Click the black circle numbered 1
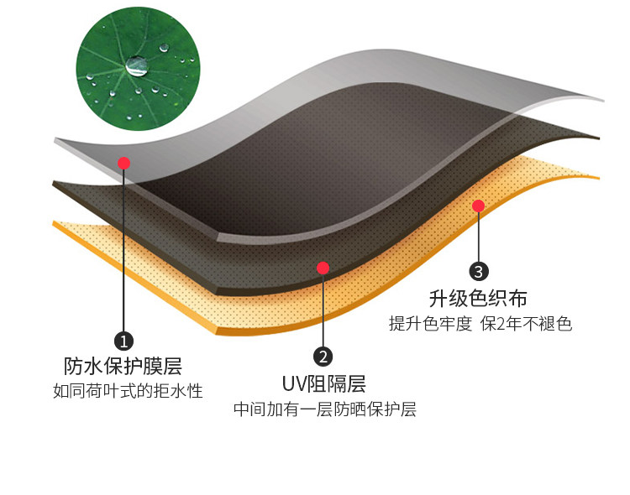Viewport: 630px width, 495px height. (x=123, y=341)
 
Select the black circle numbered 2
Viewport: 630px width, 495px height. (x=323, y=357)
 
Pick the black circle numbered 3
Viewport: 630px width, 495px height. (x=478, y=271)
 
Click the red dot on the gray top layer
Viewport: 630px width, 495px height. (x=123, y=163)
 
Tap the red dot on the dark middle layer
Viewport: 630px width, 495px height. (x=323, y=268)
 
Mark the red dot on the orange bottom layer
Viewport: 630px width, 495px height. (x=478, y=206)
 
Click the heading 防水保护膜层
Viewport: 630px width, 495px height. (x=123, y=367)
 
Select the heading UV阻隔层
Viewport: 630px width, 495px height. (x=323, y=384)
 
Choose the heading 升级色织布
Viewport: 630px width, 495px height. (x=478, y=298)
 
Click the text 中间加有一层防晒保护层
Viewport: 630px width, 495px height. (x=324, y=410)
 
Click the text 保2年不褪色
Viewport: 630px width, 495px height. (x=526, y=324)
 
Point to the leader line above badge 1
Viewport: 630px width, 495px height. (x=123, y=252)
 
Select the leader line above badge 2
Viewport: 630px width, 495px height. (x=323, y=310)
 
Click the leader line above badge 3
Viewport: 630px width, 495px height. (x=478, y=237)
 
